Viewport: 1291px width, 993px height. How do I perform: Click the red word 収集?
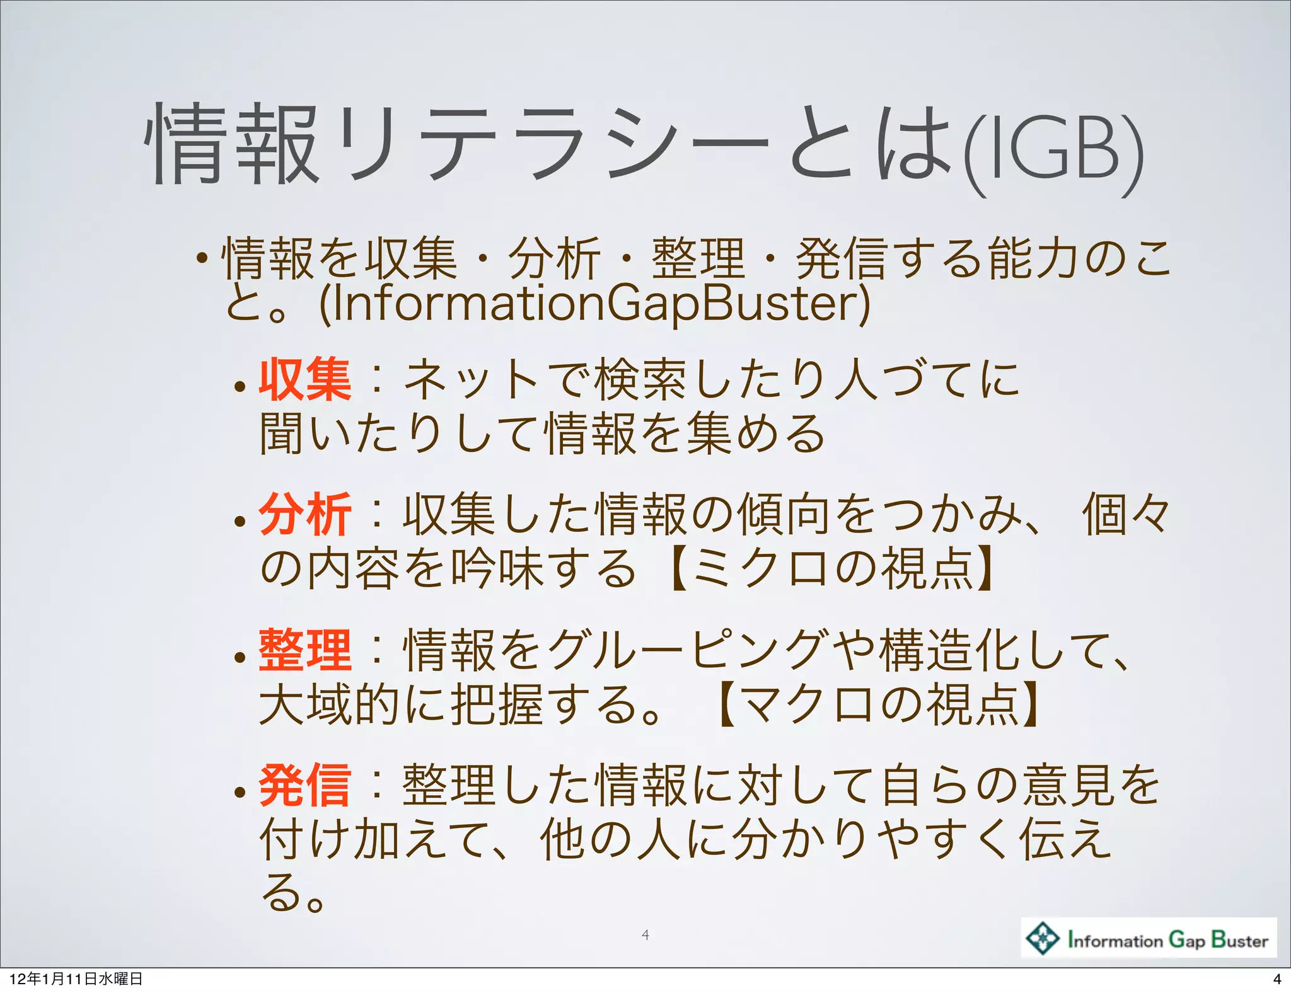click(304, 379)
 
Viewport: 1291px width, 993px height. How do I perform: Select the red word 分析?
click(304, 515)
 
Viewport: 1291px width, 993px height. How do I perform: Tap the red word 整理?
click(304, 650)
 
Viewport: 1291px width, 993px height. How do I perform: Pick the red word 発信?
click(304, 785)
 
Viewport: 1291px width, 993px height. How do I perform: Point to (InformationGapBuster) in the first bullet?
click(594, 304)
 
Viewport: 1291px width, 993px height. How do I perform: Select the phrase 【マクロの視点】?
click(879, 704)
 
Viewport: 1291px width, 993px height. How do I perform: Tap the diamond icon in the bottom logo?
click(1043, 938)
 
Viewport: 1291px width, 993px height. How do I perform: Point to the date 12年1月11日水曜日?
click(76, 979)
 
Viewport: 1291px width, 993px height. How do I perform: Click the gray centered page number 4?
click(645, 935)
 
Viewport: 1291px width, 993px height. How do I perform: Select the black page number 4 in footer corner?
click(1277, 979)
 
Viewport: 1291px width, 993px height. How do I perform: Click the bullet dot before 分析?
click(240, 521)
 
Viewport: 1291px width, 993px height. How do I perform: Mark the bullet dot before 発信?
click(240, 792)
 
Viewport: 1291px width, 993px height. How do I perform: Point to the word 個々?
click(1126, 515)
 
